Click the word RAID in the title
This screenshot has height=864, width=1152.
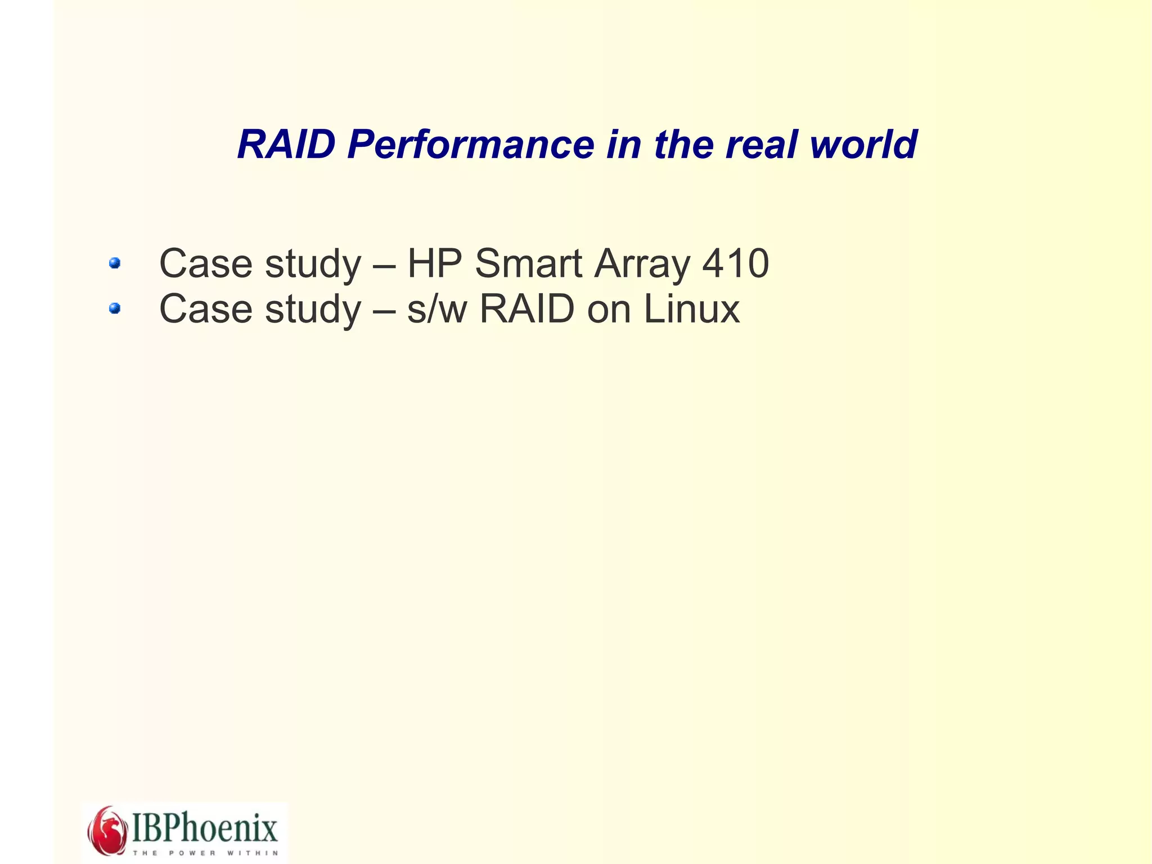(286, 145)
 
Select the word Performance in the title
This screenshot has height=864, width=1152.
(470, 145)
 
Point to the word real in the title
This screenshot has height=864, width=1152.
(762, 145)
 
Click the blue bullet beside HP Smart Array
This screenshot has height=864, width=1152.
(115, 263)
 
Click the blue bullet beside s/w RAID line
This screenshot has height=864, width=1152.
(115, 308)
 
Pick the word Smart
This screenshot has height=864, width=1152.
(529, 263)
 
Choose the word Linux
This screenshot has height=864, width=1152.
(691, 309)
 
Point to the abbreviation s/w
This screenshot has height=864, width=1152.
(437, 310)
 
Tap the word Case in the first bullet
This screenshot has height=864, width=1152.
(205, 263)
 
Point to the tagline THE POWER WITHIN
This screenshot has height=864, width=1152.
(205, 853)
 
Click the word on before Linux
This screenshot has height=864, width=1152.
(609, 310)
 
